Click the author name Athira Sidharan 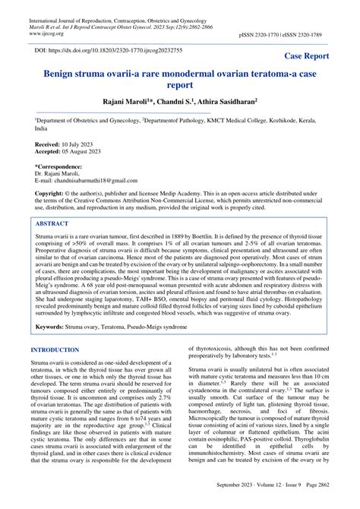(223, 102)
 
